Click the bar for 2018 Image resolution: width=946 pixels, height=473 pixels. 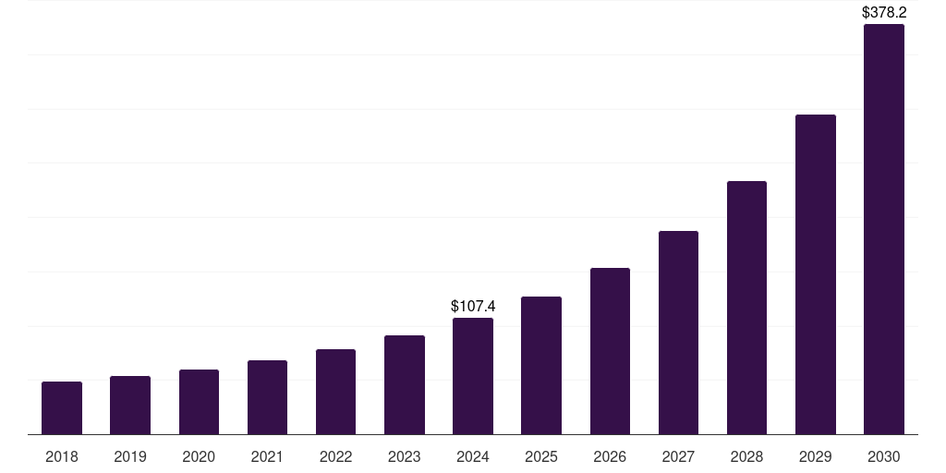pyautogui.click(x=62, y=407)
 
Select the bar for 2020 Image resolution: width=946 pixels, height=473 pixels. pyautogui.click(x=199, y=402)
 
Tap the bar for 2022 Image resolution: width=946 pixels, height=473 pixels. pyautogui.click(x=335, y=392)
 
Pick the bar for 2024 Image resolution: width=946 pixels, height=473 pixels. pyautogui.click(x=473, y=376)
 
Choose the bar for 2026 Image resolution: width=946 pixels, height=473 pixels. pyautogui.click(x=610, y=351)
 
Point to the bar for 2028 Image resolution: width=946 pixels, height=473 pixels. pyautogui.click(x=746, y=308)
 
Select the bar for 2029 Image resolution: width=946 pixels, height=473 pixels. pyautogui.click(x=816, y=274)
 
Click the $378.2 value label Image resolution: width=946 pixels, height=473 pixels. pyautogui.click(x=884, y=13)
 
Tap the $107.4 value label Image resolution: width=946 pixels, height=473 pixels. pyautogui.click(x=473, y=306)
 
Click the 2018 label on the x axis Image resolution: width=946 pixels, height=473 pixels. pyautogui.click(x=62, y=456)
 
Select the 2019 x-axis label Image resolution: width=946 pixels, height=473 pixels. pyautogui.click(x=130, y=456)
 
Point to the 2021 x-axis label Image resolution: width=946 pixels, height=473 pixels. pyautogui.click(x=267, y=456)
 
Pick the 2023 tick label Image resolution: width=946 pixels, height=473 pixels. pyautogui.click(x=405, y=456)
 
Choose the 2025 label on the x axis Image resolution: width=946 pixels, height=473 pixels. pyautogui.click(x=541, y=456)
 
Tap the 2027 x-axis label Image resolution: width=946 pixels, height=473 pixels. pyautogui.click(x=678, y=456)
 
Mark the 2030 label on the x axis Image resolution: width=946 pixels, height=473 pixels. pyautogui.click(x=884, y=456)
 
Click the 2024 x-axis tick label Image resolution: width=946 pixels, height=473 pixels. pyautogui.click(x=473, y=456)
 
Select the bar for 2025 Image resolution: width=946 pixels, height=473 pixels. pyautogui.click(x=541, y=365)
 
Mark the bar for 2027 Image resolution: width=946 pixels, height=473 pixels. pyautogui.click(x=678, y=333)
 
